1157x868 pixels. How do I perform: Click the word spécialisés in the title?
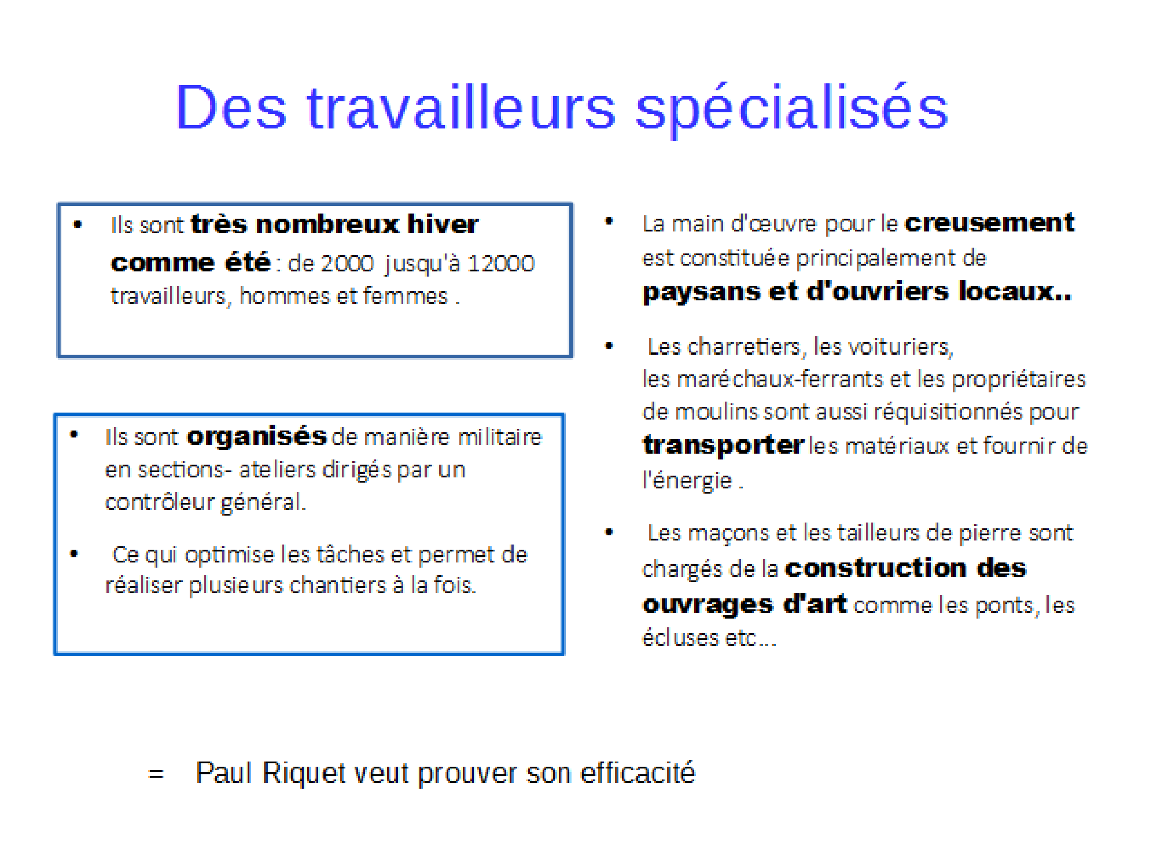coord(792,109)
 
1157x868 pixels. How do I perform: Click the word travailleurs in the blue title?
coord(461,107)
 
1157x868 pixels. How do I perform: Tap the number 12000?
coord(501,264)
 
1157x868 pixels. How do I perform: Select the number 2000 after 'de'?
coord(347,264)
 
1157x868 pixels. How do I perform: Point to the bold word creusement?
coord(989,223)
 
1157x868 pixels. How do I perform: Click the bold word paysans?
coord(701,292)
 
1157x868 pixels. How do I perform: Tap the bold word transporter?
coord(723,445)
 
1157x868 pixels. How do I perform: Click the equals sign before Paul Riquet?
coord(156,774)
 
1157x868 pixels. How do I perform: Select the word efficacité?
coord(638,773)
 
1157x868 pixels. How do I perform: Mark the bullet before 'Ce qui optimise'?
coord(73,554)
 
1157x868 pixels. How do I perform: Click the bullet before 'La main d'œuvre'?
coord(609,221)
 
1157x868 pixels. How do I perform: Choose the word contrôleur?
coord(160,502)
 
